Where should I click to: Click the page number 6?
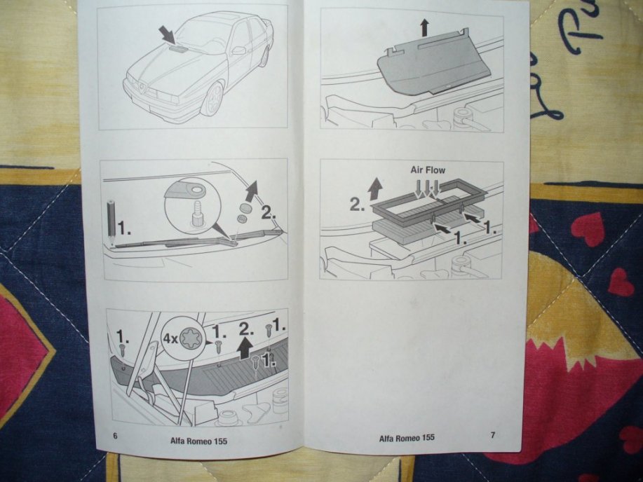[115, 436]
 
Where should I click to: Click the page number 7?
[493, 435]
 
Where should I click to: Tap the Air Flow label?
[428, 170]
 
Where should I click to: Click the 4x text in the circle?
[170, 338]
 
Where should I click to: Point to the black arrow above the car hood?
[167, 34]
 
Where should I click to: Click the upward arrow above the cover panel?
[424, 28]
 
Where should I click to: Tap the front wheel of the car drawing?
[213, 99]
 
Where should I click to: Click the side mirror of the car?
[238, 50]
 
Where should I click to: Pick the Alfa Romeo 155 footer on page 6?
[199, 441]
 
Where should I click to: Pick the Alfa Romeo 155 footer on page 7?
[407, 438]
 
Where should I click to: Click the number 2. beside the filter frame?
[357, 205]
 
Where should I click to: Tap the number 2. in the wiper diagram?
[268, 213]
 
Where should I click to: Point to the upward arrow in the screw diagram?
[245, 350]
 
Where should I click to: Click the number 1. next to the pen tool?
[124, 228]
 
